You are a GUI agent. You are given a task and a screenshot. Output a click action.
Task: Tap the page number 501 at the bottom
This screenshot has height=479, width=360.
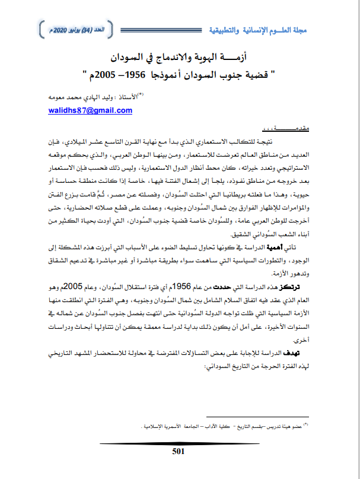click(x=179, y=451)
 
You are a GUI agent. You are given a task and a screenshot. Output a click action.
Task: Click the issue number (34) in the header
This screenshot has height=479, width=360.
click(x=90, y=28)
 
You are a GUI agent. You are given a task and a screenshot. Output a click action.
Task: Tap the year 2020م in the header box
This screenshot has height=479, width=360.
click(x=56, y=28)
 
